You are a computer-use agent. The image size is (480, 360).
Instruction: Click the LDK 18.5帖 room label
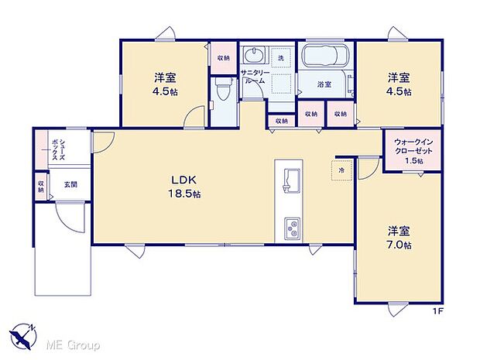point(185,187)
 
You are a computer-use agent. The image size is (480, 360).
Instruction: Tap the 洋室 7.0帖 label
point(399,237)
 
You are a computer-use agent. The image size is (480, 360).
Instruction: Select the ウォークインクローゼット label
point(413,146)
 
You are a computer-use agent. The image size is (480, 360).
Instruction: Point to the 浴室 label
point(324,84)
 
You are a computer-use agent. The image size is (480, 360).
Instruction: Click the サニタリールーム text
point(254,76)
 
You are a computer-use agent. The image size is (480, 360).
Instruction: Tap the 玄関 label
point(70,184)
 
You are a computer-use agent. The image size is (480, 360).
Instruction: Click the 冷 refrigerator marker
point(341,169)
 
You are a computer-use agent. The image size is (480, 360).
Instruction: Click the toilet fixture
point(222,92)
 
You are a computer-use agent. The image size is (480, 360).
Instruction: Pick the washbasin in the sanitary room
point(254,57)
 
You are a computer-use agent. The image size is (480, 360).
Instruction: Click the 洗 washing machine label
point(281,59)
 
